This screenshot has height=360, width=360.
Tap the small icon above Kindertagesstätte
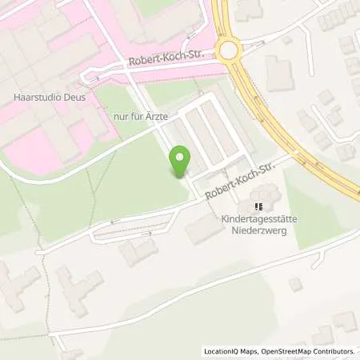pos(258,206)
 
